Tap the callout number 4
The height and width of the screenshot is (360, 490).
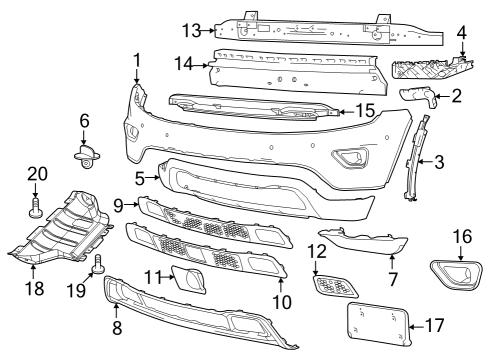[x=461, y=33]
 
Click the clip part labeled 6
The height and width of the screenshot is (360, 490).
[x=85, y=154]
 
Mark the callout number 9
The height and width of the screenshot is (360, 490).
[x=119, y=205]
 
